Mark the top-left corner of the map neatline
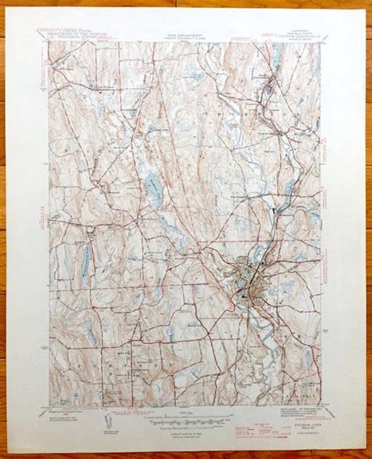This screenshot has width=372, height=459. pos(50,42)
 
